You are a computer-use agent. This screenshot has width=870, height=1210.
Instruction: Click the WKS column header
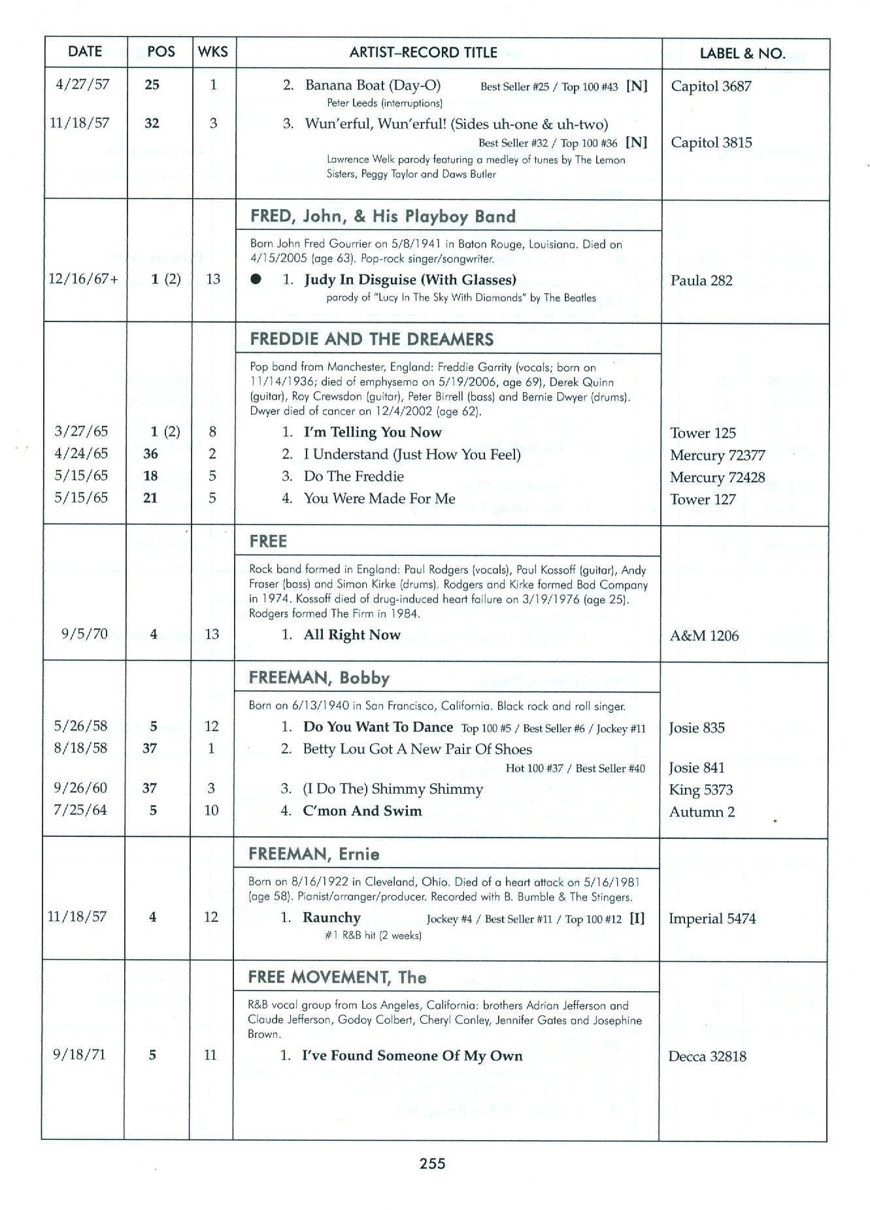213,52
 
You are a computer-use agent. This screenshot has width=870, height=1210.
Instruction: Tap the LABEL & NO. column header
743,54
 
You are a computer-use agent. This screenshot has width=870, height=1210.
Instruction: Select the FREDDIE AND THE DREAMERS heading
372,339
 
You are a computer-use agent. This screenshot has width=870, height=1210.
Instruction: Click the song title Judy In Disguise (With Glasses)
410,280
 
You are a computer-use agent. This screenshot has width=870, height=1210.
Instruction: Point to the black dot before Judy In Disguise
256,280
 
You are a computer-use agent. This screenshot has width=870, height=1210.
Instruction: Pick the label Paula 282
701,281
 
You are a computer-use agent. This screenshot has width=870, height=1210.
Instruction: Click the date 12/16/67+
84,279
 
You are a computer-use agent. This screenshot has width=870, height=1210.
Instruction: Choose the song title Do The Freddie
354,476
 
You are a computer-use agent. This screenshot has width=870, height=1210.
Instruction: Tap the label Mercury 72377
717,455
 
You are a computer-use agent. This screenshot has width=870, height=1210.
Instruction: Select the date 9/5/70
84,634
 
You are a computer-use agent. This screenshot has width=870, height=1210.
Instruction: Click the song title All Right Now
352,635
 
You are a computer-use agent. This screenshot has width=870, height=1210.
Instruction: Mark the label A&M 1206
704,636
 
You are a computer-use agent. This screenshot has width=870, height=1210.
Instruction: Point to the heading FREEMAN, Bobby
319,678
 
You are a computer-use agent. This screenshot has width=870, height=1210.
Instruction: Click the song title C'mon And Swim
362,811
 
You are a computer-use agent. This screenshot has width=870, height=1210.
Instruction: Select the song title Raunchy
331,918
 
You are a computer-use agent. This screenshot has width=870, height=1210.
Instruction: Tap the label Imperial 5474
712,919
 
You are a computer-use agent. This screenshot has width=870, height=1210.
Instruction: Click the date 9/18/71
79,1055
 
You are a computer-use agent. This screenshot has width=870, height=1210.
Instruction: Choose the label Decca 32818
707,1056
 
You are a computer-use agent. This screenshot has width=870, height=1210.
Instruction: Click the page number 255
433,1164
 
